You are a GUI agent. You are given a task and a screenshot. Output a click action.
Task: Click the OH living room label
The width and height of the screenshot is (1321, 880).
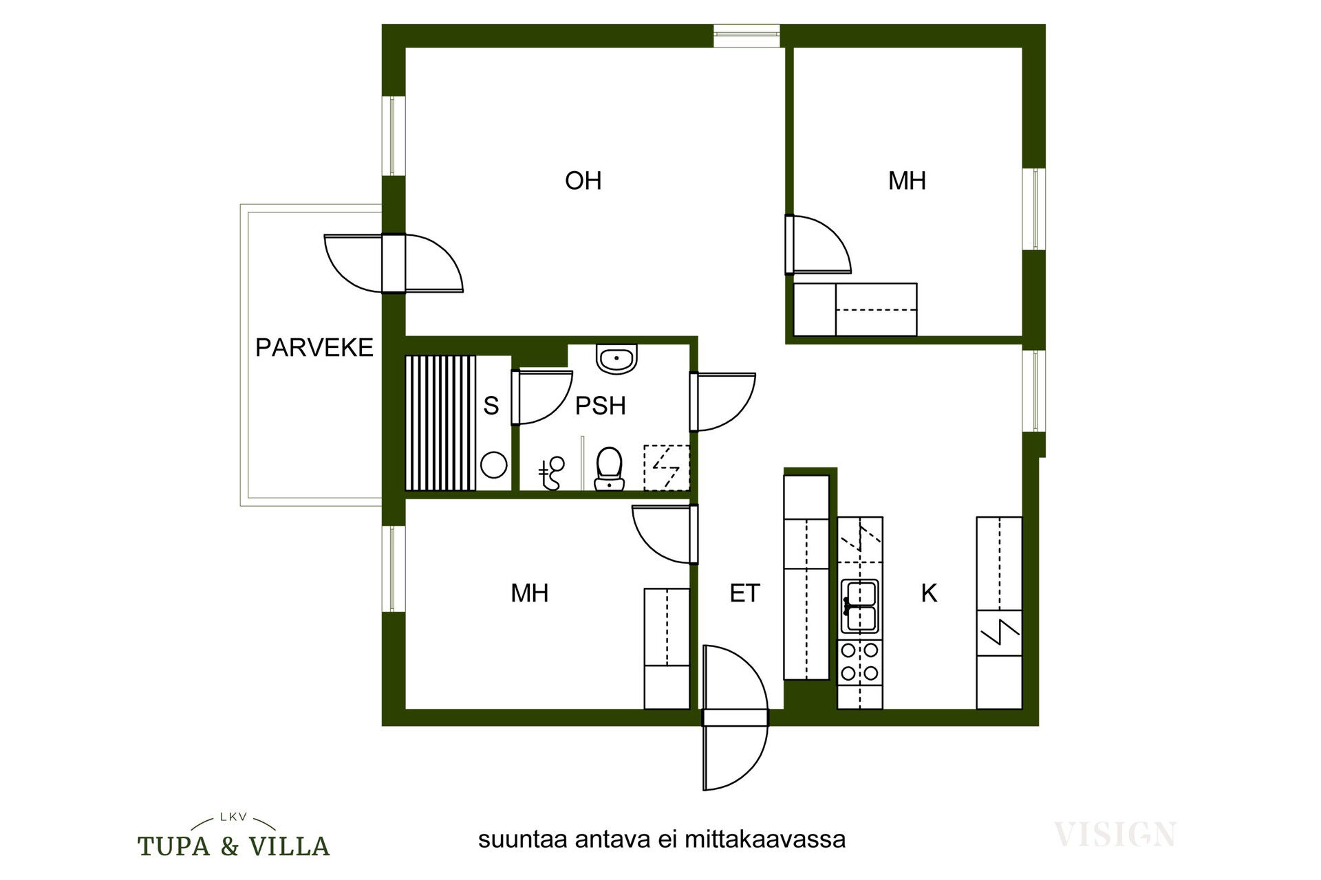583,181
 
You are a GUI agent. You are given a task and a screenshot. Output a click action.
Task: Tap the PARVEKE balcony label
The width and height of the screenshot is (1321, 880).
314,348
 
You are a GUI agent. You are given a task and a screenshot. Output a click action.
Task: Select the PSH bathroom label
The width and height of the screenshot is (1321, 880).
600,406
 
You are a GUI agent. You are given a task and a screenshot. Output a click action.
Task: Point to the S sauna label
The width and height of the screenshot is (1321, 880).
491,406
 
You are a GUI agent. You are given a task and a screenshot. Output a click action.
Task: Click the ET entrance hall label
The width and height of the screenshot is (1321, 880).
744,593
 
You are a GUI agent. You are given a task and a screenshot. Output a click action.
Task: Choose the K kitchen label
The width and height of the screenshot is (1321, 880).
929,593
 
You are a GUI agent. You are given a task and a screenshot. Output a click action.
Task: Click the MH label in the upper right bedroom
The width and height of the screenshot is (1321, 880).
907,181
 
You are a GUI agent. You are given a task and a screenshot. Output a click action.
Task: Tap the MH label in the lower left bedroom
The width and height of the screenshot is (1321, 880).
529,593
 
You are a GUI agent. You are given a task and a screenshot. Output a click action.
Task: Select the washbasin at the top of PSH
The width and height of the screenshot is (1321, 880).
616,359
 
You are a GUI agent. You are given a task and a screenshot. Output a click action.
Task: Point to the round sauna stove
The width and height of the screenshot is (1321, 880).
493,465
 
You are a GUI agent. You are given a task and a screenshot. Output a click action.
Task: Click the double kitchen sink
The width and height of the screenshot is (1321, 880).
859,606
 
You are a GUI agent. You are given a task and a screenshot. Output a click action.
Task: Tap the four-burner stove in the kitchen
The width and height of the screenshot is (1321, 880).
860,661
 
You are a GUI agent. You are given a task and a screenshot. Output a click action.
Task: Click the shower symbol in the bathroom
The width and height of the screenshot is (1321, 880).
666,468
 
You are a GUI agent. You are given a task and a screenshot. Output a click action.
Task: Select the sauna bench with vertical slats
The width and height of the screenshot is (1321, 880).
440,423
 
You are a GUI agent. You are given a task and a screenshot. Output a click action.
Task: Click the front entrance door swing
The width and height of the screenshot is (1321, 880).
735,718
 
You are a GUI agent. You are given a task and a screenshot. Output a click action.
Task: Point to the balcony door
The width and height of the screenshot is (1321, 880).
394,263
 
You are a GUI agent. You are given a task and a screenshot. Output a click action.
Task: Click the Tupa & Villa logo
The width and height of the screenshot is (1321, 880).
234,836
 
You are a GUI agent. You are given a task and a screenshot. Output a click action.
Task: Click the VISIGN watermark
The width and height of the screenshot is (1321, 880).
1115,834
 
